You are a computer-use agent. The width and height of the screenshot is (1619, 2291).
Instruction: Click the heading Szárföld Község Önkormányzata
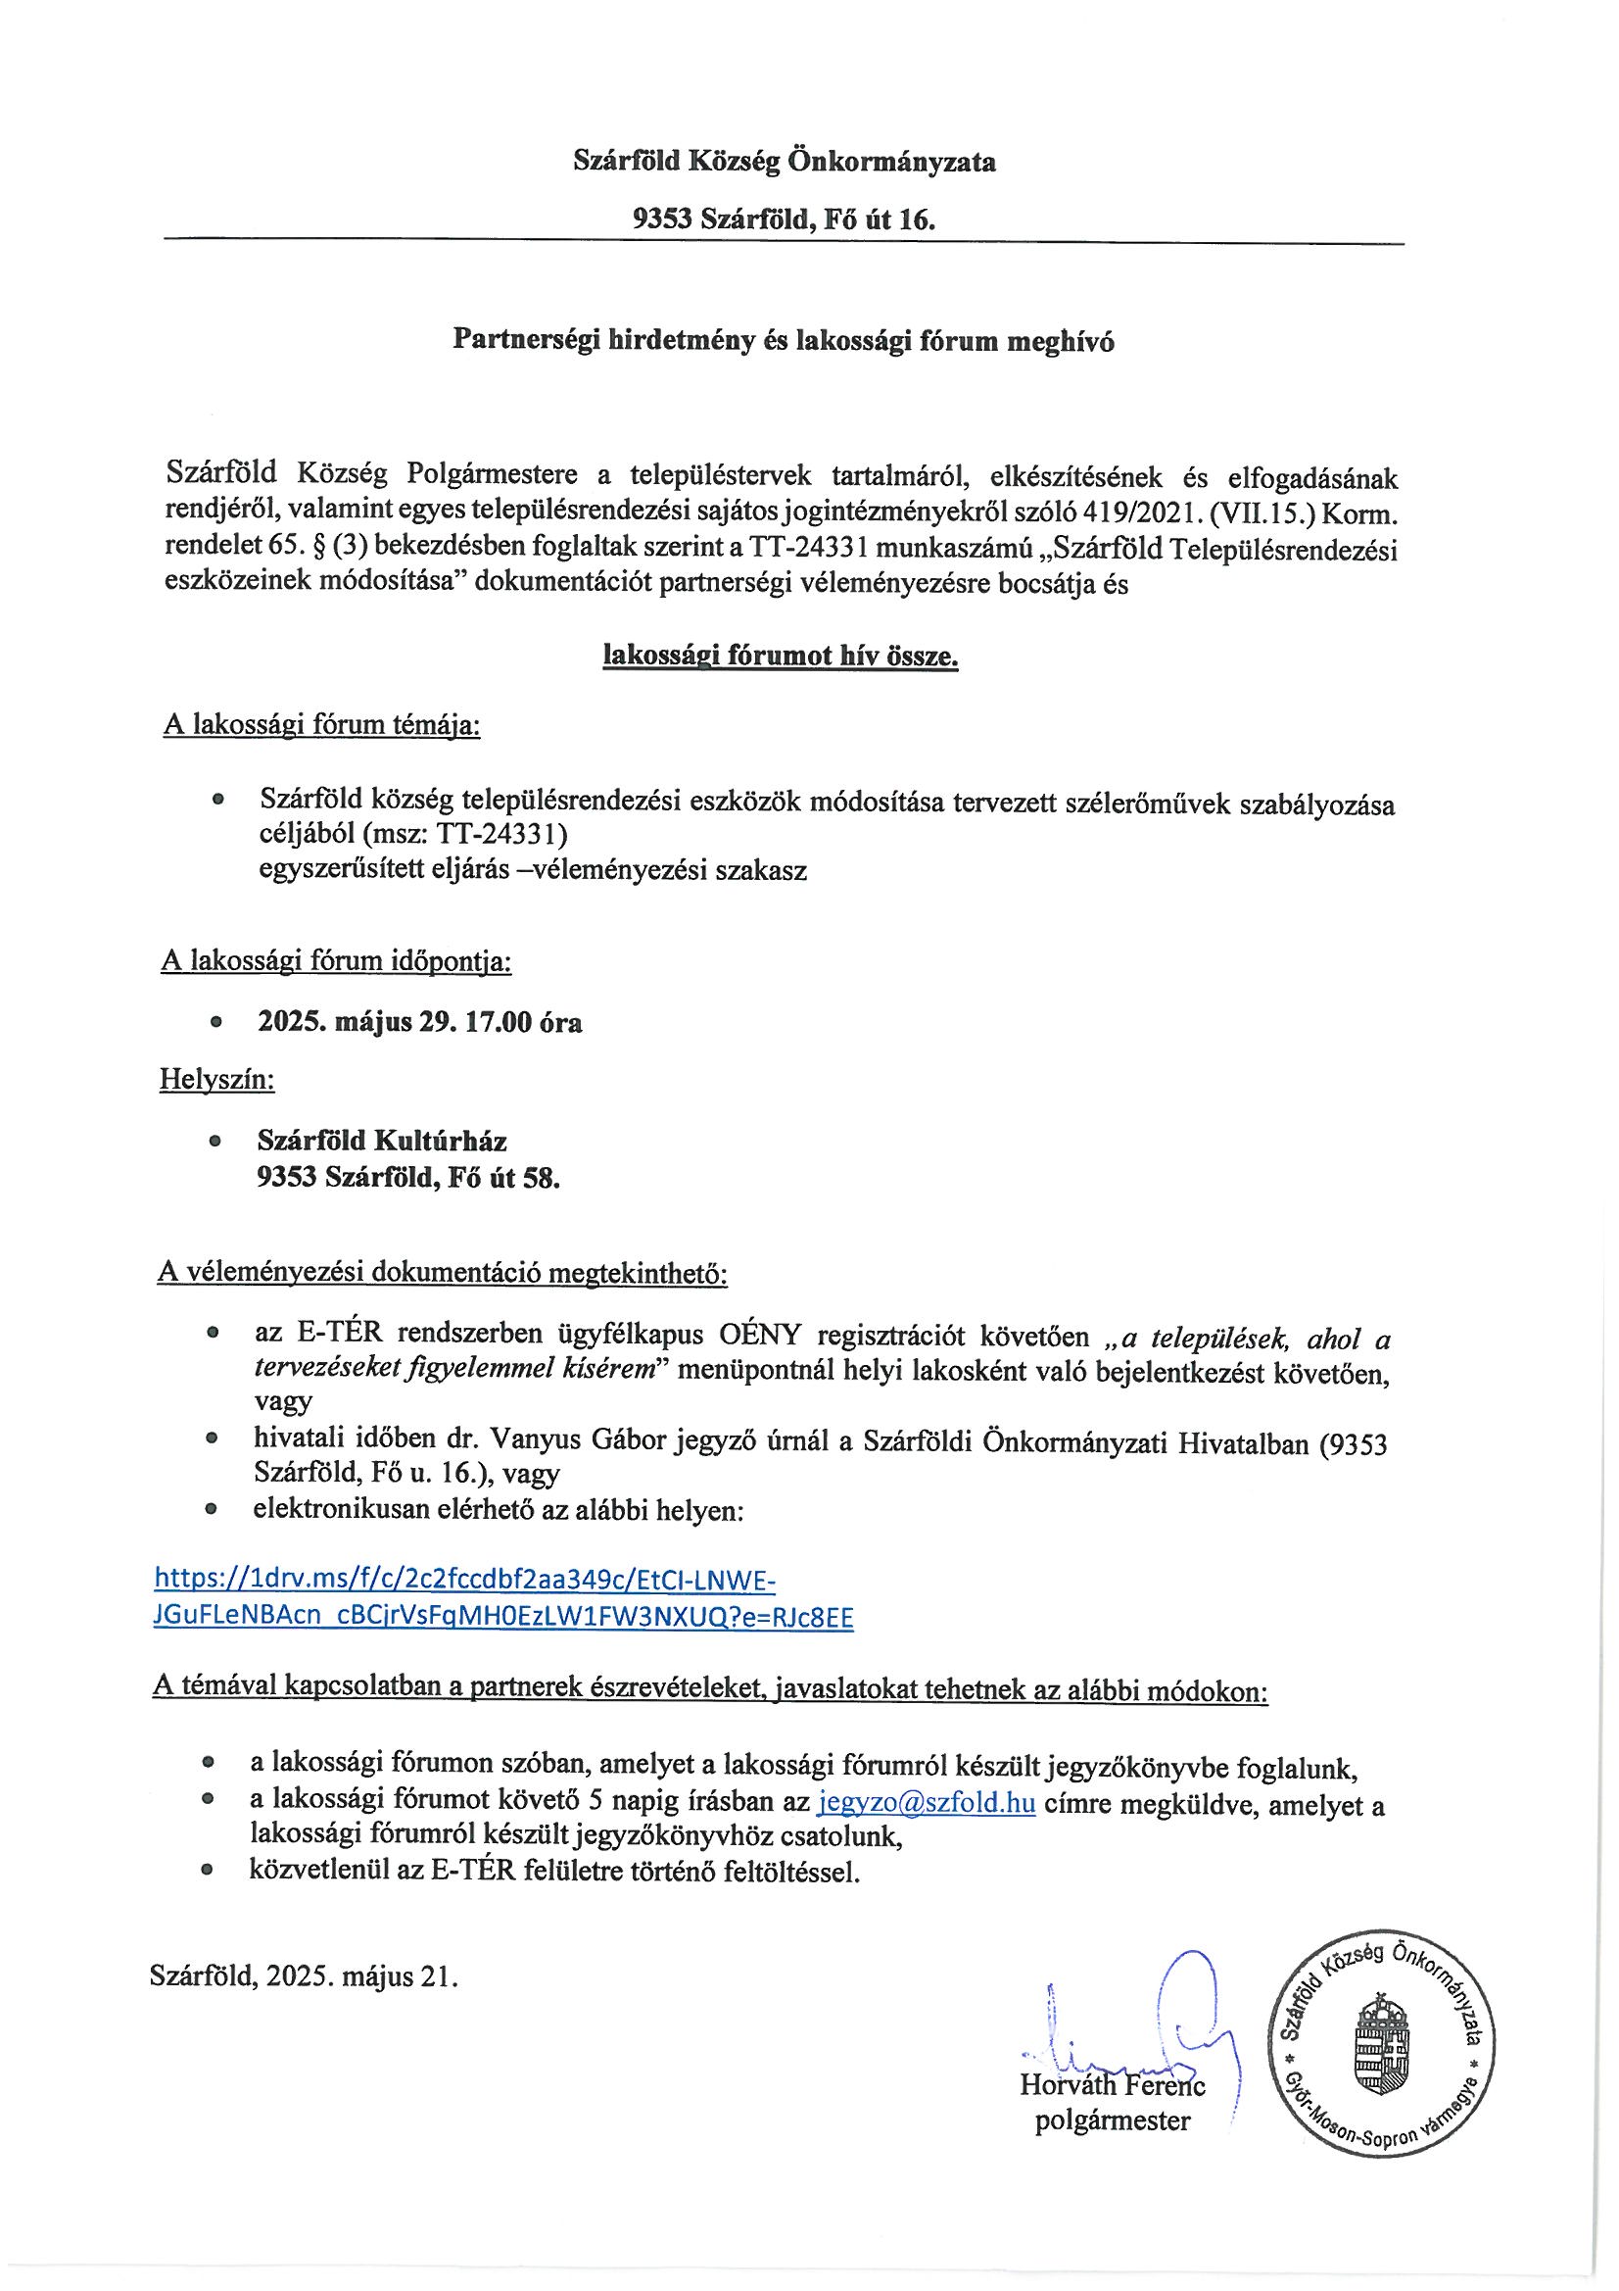(x=784, y=162)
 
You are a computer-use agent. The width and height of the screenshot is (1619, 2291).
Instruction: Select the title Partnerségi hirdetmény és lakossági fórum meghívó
(x=784, y=341)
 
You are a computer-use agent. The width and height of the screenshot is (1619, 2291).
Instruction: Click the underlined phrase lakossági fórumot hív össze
(x=781, y=657)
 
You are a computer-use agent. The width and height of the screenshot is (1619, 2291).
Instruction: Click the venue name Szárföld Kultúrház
(x=382, y=1141)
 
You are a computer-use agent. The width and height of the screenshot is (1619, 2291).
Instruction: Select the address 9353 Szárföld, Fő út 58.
(x=408, y=1179)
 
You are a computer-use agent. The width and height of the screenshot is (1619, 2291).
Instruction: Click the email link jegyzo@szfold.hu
(x=926, y=1804)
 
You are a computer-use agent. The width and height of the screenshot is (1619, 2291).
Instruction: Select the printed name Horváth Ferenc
(x=1113, y=2084)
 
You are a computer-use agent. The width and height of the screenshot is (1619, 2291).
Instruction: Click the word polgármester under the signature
(x=1113, y=2121)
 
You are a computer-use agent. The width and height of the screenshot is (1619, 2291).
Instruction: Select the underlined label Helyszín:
(x=217, y=1080)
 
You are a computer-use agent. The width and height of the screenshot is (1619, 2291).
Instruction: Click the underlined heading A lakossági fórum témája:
(x=321, y=725)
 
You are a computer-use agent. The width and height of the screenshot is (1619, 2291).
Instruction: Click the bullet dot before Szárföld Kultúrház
(x=214, y=1142)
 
